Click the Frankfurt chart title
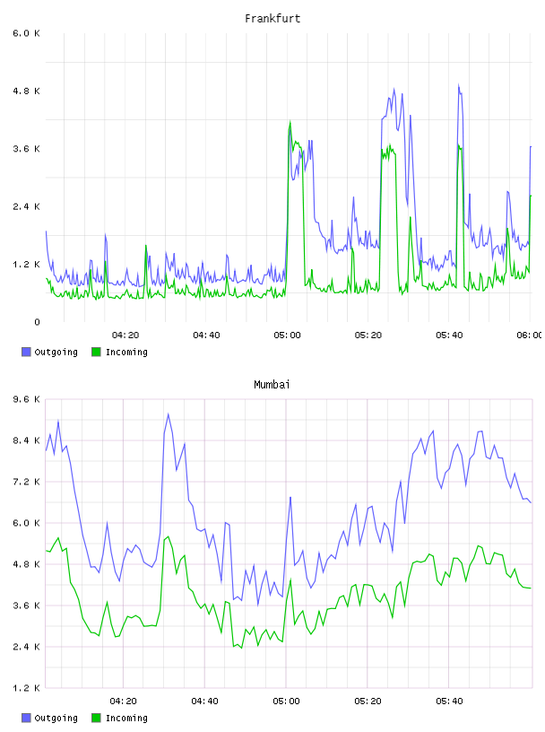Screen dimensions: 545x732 272,19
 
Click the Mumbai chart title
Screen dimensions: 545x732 272,385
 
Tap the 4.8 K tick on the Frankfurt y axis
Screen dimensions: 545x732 27,91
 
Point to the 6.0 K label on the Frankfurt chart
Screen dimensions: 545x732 27,33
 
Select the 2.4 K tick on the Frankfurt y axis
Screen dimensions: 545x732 27,206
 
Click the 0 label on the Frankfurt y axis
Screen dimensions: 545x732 38,322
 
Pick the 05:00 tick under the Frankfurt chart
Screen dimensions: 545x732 287,335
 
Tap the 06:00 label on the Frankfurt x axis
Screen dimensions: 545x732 530,335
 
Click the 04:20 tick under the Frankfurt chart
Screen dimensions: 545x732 125,335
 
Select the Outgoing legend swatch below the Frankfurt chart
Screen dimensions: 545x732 26,352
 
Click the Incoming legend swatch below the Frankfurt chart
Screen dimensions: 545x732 96,352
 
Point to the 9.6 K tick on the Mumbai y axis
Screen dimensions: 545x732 27,399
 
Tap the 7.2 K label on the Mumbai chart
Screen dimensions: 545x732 27,482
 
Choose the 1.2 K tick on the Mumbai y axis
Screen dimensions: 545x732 27,688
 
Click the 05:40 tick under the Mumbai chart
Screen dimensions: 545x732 449,701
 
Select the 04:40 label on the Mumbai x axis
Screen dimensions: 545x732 205,701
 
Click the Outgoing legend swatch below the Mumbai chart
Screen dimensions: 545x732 26,718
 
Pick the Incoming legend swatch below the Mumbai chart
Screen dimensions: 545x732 96,718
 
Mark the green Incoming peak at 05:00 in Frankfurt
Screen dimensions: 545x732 290,121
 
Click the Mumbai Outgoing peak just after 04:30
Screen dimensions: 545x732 168,414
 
